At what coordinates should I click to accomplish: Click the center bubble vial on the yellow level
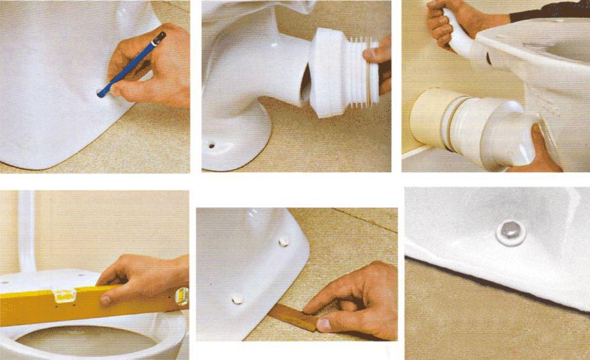pos(64,295)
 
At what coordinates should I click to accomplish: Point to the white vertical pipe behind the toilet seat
pos(27,230)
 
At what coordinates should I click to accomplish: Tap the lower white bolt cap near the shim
pos(237,299)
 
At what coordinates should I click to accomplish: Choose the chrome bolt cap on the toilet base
pos(511,231)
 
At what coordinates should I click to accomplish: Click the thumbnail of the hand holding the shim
pos(323,324)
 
